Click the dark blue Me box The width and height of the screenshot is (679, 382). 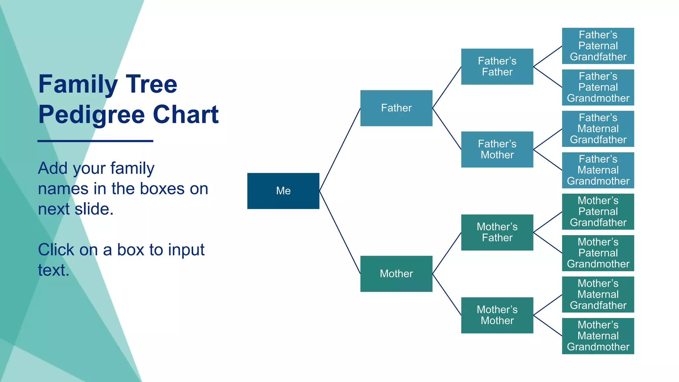click(283, 191)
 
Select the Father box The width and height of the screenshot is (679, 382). click(396, 108)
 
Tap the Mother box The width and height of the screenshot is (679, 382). click(396, 274)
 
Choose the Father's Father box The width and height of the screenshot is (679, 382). click(497, 66)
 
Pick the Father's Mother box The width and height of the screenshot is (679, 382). click(497, 149)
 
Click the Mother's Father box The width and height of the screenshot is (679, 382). click(497, 232)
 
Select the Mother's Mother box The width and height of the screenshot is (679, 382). click(497, 315)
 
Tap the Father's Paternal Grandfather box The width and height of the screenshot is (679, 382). click(598, 46)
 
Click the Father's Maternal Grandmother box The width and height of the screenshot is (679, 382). click(598, 170)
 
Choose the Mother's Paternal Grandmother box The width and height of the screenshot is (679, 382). click(598, 253)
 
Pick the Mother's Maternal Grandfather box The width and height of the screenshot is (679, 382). click(598, 294)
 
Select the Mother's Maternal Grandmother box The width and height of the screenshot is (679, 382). click(598, 336)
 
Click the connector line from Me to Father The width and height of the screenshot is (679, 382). click(340, 149)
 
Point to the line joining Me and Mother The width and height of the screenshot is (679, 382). click(340, 232)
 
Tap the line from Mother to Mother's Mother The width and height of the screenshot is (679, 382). click(447, 294)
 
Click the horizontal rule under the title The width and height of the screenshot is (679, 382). click(95, 141)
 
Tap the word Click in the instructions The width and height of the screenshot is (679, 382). click(56, 250)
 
